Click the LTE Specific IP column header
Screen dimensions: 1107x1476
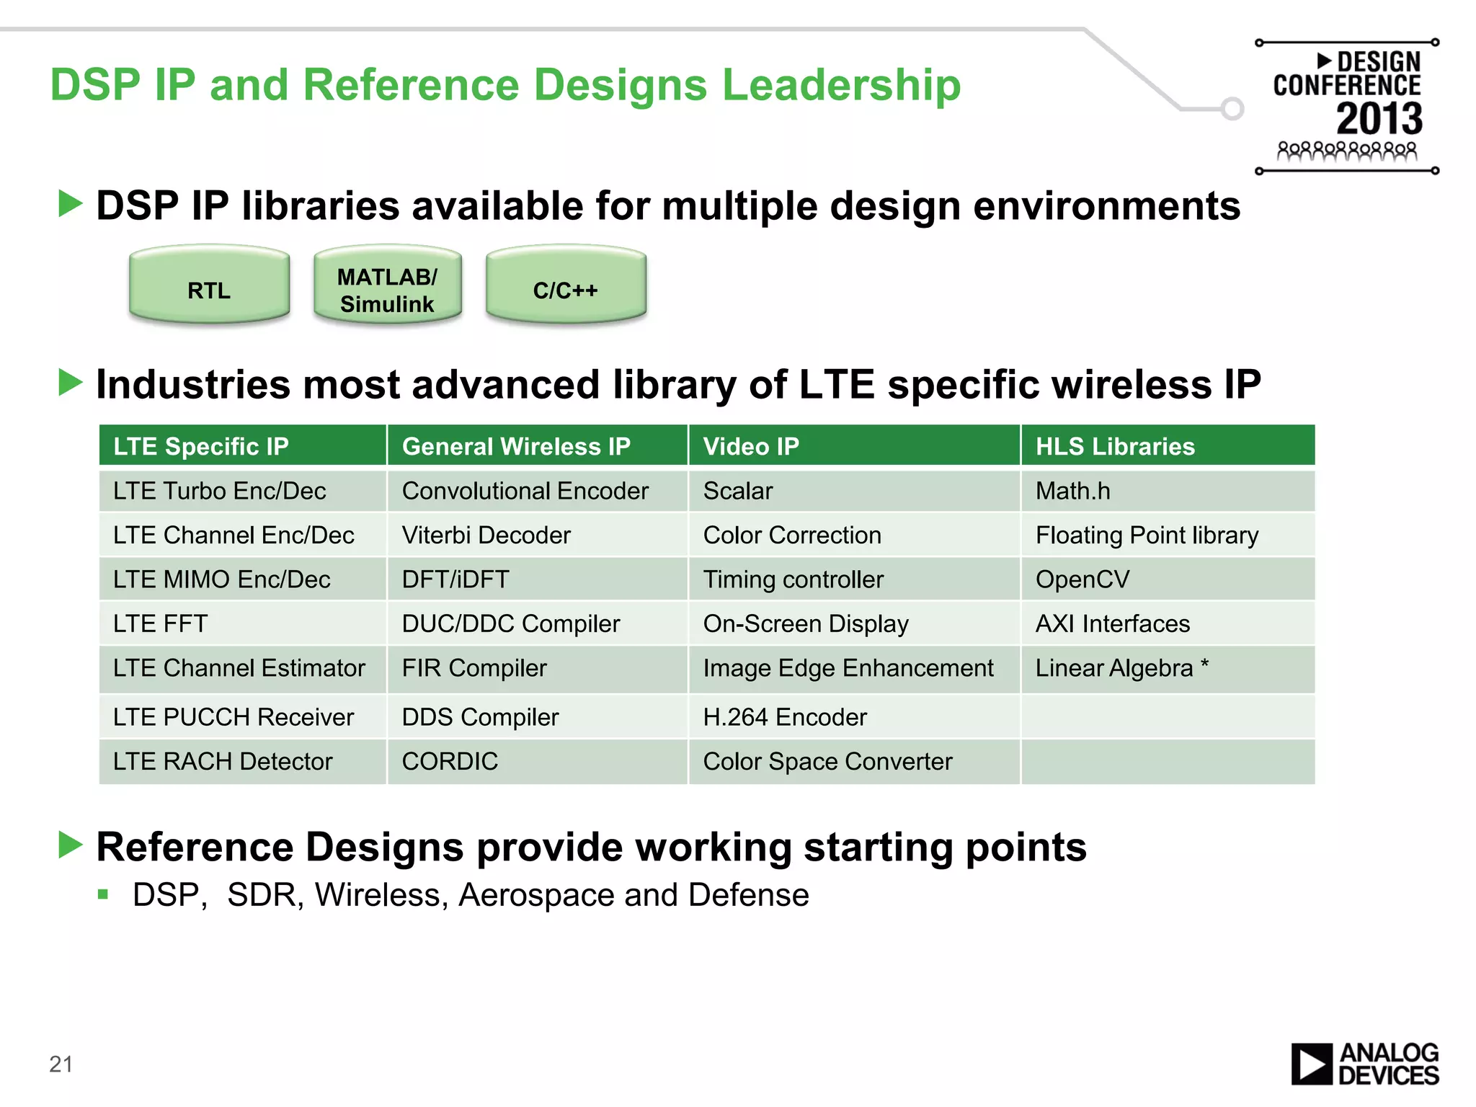click(x=242, y=446)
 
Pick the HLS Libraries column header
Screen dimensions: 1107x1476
click(x=1167, y=446)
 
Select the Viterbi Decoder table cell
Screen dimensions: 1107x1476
click(x=537, y=535)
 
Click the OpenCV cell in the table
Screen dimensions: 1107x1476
click(x=1167, y=579)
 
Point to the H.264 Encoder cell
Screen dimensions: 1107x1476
click(x=853, y=717)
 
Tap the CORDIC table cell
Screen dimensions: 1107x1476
click(x=537, y=761)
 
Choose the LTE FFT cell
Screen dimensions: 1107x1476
click(x=242, y=623)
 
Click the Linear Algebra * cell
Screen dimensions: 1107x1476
click(x=1167, y=668)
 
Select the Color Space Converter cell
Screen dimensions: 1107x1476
click(x=853, y=761)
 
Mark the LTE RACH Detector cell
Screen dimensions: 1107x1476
click(x=242, y=761)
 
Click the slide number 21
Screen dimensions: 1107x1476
click(x=61, y=1064)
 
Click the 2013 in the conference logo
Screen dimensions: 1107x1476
click(x=1379, y=119)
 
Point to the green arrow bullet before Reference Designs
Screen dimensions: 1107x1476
click(x=71, y=845)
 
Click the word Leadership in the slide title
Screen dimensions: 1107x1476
click(x=841, y=85)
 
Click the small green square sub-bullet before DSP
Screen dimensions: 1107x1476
click(x=103, y=895)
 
